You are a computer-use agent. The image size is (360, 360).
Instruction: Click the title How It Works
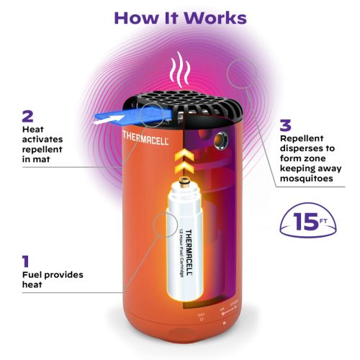pyautogui.click(x=179, y=17)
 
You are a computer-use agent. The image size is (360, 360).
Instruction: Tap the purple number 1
pyautogui.click(x=27, y=260)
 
